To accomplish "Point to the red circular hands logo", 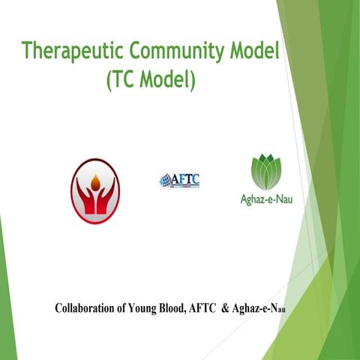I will (94, 187).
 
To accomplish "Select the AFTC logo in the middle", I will (179, 180).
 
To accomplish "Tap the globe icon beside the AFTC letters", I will (164, 180).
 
